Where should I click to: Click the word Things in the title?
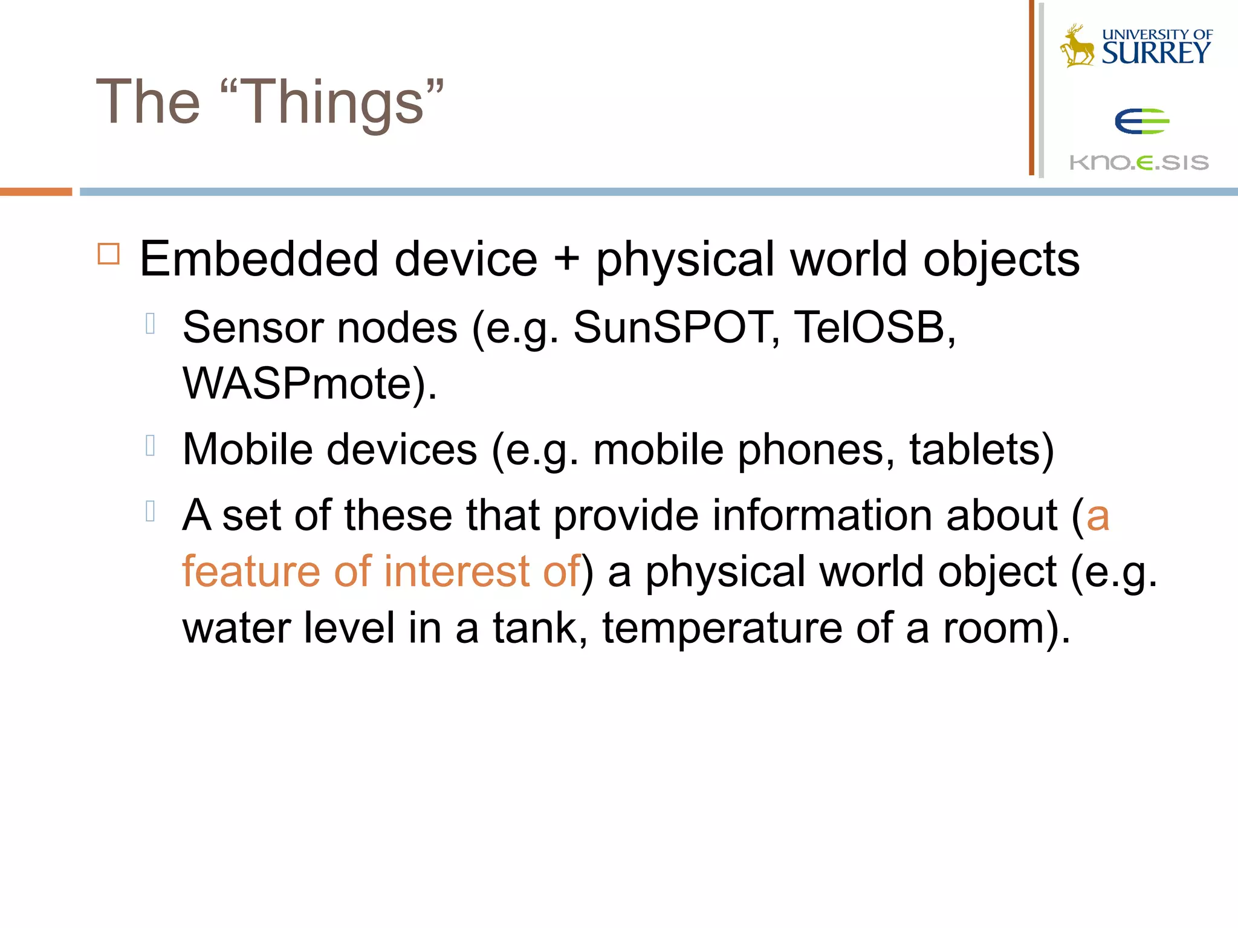[x=335, y=103]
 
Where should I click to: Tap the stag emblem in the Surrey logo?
[x=1077, y=46]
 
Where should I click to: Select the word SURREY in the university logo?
[x=1156, y=53]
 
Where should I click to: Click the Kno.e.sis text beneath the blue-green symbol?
[x=1139, y=162]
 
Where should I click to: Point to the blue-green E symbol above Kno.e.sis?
[x=1141, y=121]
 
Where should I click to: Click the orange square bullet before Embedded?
[x=109, y=254]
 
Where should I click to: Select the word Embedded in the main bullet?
[x=260, y=259]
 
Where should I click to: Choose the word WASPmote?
[x=297, y=384]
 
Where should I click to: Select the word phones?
[x=811, y=449]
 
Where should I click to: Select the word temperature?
[x=722, y=628]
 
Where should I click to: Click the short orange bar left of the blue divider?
[x=36, y=192]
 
